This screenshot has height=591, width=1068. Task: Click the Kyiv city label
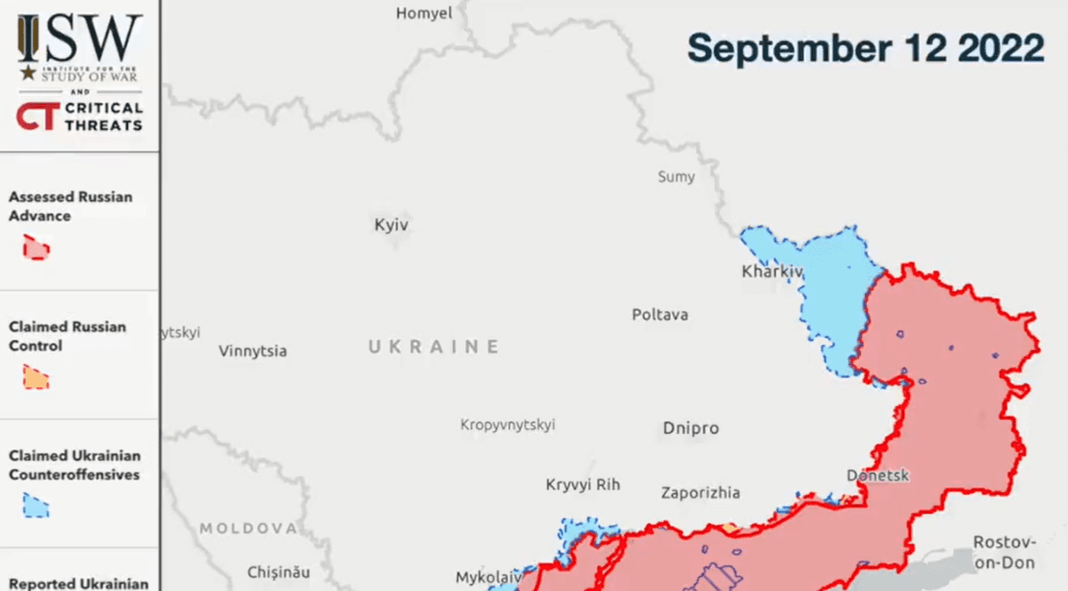391,225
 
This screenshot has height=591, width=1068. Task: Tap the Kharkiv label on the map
773,271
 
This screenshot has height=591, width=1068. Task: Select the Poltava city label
659,315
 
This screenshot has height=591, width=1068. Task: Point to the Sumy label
676,177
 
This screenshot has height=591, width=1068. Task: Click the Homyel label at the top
424,13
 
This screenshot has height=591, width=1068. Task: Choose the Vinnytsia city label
253,352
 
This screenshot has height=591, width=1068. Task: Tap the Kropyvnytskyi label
507,425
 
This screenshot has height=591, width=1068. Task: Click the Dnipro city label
690,428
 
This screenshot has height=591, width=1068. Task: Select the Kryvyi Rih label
582,485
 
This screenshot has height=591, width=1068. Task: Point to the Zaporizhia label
700,493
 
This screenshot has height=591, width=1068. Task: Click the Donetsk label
878,475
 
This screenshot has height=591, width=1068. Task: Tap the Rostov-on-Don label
1004,552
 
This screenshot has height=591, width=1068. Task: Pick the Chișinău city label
280,571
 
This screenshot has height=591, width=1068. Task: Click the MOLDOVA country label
247,529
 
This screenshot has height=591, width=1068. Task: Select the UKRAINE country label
434,347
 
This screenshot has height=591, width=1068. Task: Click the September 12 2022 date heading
865,47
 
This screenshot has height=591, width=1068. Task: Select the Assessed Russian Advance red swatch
36,248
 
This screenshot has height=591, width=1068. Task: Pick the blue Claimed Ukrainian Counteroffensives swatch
36,506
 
